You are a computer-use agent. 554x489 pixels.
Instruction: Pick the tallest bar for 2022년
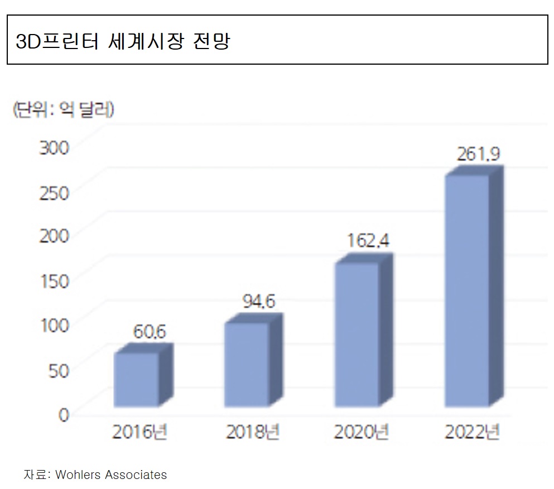coord(467,290)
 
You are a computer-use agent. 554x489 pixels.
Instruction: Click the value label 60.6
coord(150,332)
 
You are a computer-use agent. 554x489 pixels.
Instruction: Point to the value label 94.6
coord(259,302)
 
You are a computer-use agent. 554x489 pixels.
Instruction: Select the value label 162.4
coord(368,241)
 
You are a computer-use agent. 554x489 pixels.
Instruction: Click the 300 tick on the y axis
coord(54,148)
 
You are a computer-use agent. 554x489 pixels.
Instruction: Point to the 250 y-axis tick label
coord(54,192)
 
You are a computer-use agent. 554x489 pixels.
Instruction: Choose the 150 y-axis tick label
coord(54,281)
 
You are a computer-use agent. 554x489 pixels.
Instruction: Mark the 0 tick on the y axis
coord(63,414)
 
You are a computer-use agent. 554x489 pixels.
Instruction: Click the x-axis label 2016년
coord(140,433)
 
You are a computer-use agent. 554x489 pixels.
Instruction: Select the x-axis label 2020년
coord(361,433)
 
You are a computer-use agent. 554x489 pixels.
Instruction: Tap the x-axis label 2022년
coord(471,433)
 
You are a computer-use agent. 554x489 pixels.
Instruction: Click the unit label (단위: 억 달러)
coord(64,109)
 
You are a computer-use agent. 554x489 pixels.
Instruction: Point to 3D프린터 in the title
coord(55,41)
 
